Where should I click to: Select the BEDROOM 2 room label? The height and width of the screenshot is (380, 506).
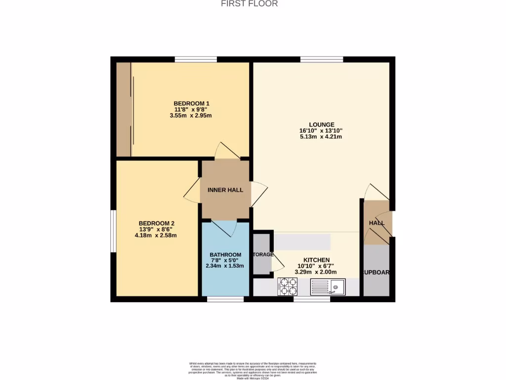[156, 223]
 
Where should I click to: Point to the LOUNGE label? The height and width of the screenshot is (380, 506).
[322, 125]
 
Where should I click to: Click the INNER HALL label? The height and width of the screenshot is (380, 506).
[225, 190]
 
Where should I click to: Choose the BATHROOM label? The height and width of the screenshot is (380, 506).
[225, 255]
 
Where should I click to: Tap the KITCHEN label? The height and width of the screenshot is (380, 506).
[316, 260]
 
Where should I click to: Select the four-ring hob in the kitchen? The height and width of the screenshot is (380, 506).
[288, 285]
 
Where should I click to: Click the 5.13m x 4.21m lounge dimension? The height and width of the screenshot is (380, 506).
[322, 137]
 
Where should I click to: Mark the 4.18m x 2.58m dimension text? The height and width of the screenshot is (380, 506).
[156, 236]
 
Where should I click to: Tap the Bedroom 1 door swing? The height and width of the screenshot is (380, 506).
[225, 150]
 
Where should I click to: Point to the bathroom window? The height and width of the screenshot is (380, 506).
[225, 299]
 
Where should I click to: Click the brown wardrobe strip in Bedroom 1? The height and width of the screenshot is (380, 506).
[124, 109]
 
